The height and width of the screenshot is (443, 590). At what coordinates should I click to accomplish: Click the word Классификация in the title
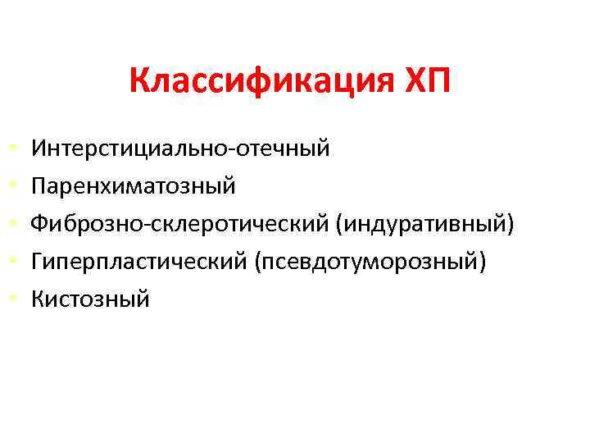tap(262, 82)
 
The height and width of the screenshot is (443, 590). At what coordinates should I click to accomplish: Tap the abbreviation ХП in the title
tap(428, 82)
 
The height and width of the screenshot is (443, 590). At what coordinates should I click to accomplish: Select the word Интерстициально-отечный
tap(180, 148)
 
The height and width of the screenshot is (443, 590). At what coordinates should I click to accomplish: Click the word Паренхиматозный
tap(134, 186)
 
